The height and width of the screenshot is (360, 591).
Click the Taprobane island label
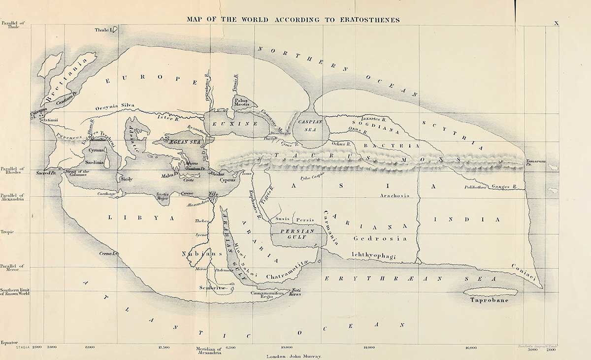(489, 300)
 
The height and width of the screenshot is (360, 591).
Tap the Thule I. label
(104, 31)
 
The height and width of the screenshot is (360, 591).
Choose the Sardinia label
(94, 162)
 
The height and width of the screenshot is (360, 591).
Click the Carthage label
(106, 194)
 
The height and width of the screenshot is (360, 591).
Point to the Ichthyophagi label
(374, 255)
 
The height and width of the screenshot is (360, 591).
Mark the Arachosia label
(395, 196)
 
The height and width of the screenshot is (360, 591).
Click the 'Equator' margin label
(9, 342)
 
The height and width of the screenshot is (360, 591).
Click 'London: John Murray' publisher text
(294, 356)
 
